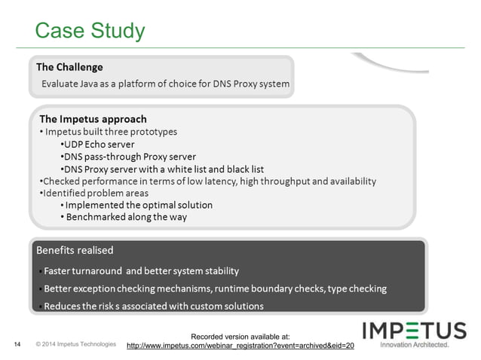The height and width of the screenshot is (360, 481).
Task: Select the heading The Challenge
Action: (x=69, y=67)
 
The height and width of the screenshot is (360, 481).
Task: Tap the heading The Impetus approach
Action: (x=93, y=119)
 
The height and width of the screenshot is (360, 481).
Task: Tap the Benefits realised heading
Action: (x=75, y=249)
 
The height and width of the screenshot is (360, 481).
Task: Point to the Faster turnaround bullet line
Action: (x=139, y=270)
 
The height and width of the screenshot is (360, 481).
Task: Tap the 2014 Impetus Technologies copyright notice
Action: (x=75, y=345)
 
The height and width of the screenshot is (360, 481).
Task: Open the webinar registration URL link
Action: (x=240, y=346)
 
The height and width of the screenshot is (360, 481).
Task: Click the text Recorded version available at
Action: (x=240, y=336)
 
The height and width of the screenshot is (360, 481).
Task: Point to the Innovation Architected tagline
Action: (x=414, y=346)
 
